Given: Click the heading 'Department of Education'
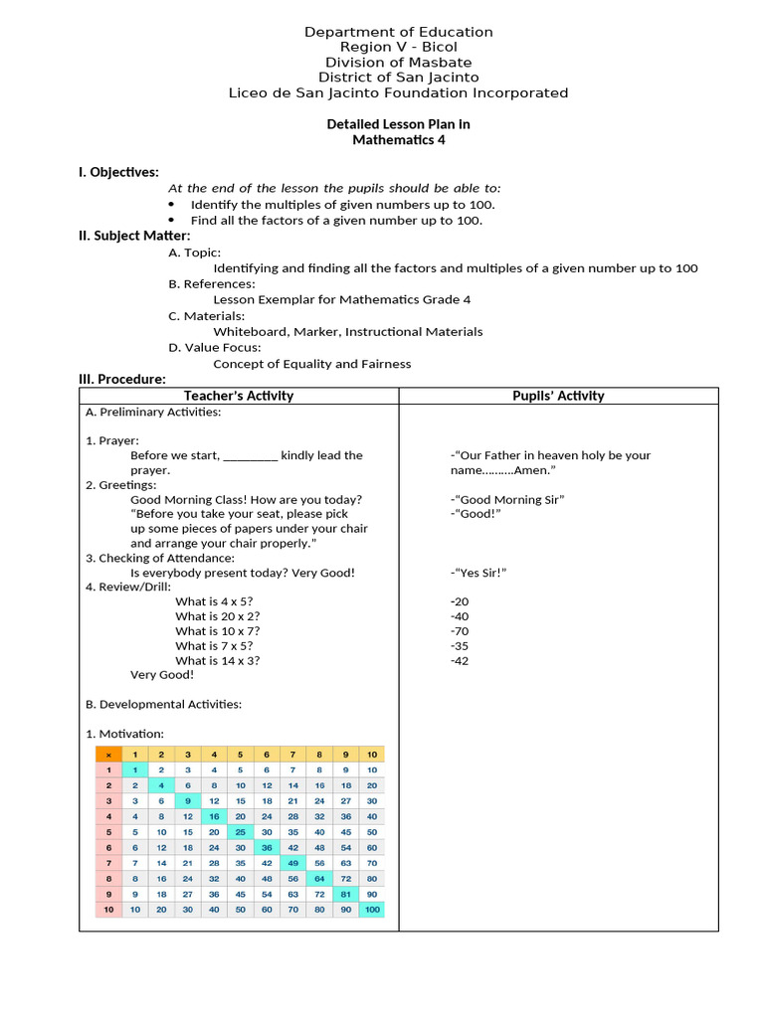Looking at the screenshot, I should [x=398, y=32].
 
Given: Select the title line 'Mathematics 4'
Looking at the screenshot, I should [x=398, y=140].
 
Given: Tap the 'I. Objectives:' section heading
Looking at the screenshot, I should [x=118, y=172].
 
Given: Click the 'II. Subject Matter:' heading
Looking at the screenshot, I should [x=134, y=236].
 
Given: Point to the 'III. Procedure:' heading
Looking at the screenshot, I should [x=122, y=379].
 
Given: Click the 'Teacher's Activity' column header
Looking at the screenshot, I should [x=239, y=396].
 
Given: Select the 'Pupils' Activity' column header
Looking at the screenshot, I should [x=558, y=396].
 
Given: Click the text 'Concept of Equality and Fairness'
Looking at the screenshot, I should [x=311, y=364].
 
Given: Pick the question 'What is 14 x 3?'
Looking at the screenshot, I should [x=218, y=660].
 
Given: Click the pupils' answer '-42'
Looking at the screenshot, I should [x=459, y=660].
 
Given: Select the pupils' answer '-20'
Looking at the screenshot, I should [x=459, y=601].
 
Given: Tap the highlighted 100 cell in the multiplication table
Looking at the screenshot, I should [x=371, y=909].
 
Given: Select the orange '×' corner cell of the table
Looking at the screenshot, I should [x=108, y=755].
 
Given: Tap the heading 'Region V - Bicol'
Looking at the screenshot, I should [x=398, y=47].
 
